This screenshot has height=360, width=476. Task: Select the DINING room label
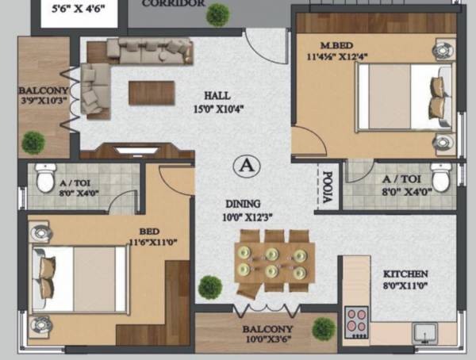242,204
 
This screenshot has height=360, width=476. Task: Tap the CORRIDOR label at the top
173,4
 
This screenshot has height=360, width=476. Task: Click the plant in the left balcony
33,143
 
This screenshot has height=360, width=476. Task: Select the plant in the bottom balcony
323,327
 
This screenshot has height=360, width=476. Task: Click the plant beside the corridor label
217,14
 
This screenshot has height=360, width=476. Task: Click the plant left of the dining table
209,286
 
